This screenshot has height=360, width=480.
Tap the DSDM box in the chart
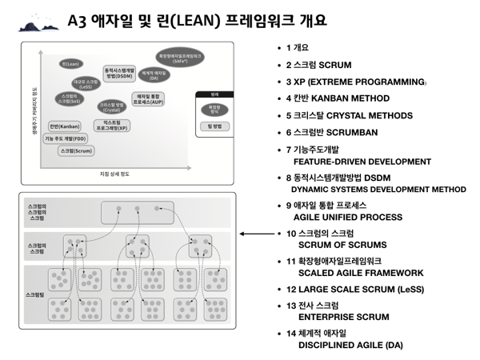point(119,73)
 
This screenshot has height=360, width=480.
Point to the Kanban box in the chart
point(64,126)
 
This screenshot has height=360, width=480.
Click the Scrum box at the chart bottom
point(77,150)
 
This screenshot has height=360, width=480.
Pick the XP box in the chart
point(111,125)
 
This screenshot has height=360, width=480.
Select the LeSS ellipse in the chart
point(85,83)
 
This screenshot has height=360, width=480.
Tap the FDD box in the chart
point(66,138)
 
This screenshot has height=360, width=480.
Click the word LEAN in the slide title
point(165,19)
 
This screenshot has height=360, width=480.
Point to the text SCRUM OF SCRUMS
point(341,245)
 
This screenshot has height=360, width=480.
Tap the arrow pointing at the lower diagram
point(255,234)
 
